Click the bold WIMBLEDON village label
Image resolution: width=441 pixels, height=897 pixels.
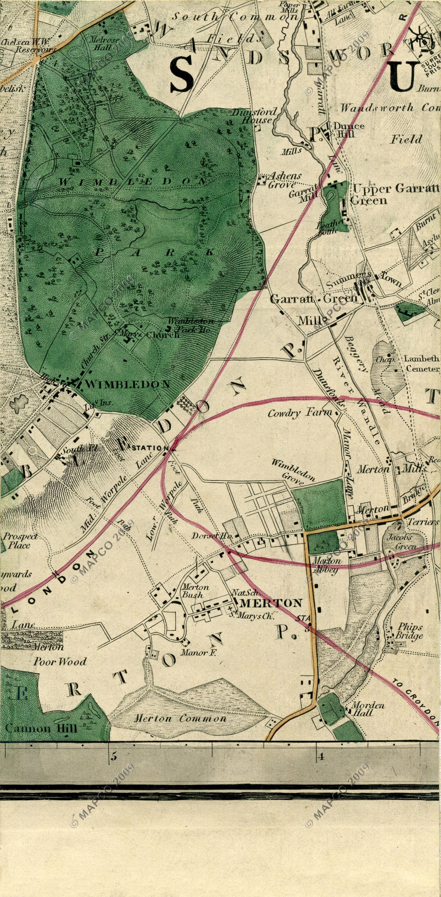(127, 384)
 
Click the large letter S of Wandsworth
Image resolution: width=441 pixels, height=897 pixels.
(182, 74)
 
